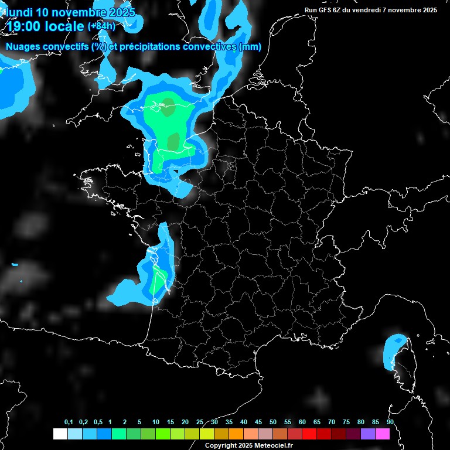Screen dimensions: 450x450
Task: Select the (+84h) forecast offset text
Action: coord(101,26)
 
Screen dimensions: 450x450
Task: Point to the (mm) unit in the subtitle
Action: coord(251,47)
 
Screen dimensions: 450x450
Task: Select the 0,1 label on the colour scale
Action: coord(69,422)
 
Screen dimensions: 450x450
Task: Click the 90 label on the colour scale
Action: coord(390,422)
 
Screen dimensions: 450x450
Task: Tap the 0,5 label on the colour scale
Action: coord(98,422)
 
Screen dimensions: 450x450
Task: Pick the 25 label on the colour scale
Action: coord(200,422)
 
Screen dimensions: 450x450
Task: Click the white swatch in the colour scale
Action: coord(60,434)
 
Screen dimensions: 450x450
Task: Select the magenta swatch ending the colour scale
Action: coord(383,434)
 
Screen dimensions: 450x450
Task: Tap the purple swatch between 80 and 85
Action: coord(368,434)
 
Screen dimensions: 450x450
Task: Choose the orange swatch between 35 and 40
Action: coord(236,434)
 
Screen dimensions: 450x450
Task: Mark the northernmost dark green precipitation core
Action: coord(169,107)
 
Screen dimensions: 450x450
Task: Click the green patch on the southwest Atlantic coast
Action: coord(157,282)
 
